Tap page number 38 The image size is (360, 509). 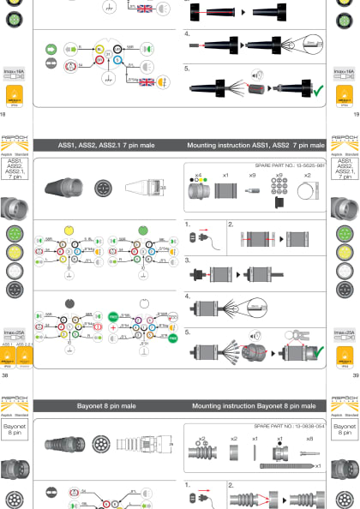pyautogui.click(x=5, y=374)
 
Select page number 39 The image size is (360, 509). pyautogui.click(x=353, y=374)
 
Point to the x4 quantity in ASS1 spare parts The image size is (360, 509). pyautogui.click(x=198, y=175)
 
